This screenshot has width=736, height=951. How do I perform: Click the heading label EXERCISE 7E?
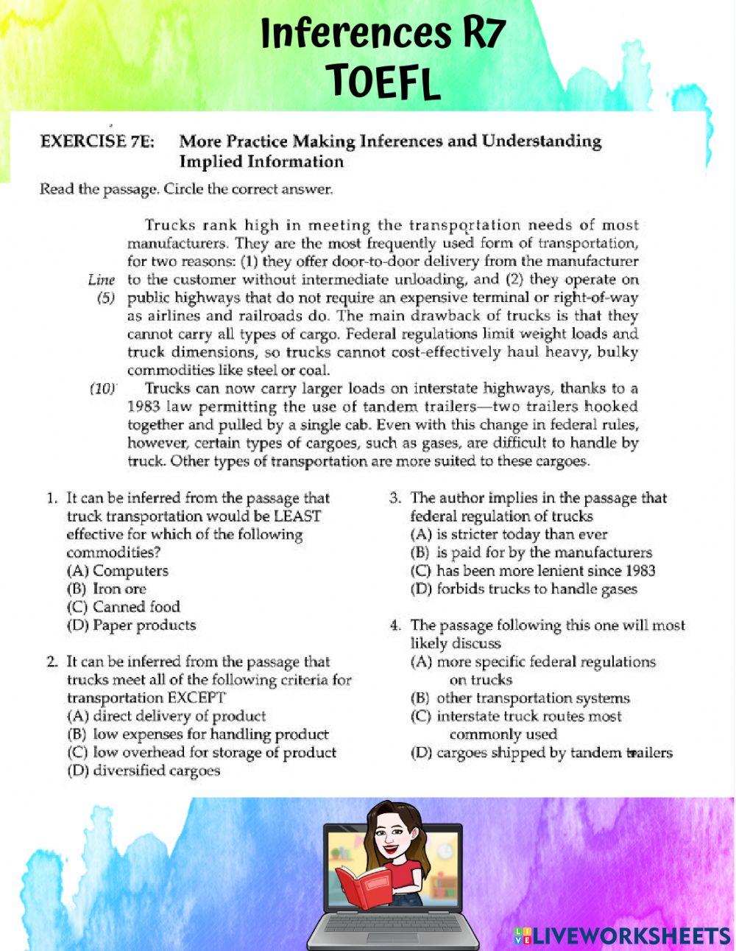coord(97,141)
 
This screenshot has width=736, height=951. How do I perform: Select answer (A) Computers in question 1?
coord(117,571)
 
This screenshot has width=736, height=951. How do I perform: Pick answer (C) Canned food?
coord(123,607)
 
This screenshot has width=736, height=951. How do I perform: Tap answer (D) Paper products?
coord(131,625)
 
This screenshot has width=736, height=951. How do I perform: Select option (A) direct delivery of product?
coord(166,716)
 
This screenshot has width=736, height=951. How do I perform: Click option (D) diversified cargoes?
coord(143,771)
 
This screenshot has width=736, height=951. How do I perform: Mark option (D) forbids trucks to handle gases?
coord(523,589)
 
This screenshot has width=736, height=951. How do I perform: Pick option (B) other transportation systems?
coord(520,698)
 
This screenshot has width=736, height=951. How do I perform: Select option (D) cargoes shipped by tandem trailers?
coord(541,753)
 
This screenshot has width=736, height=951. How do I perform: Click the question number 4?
coord(395,625)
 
